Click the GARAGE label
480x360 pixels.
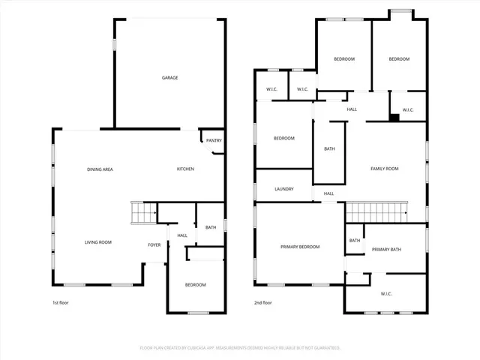[170, 77]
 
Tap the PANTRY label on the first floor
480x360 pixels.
[214, 140]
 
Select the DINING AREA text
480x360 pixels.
[100, 169]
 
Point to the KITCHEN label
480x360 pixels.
[185, 169]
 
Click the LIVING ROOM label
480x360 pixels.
[97, 242]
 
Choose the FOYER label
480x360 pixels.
[154, 244]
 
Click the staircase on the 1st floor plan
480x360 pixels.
[142, 213]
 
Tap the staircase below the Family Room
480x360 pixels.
[376, 212]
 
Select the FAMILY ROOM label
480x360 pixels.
[385, 169]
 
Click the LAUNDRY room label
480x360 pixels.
[284, 189]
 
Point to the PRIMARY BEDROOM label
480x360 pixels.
[300, 247]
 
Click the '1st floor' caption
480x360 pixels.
[61, 303]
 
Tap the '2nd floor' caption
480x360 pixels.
[264, 303]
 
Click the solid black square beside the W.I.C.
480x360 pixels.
[393, 116]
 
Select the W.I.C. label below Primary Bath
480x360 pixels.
[387, 293]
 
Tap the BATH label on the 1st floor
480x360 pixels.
[211, 227]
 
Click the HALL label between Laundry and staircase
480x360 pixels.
[328, 193]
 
